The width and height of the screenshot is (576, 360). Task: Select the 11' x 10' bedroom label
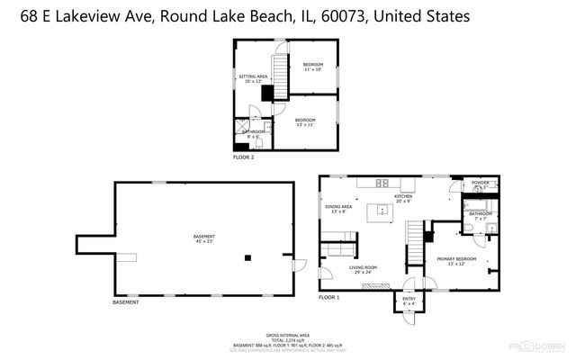[312, 67]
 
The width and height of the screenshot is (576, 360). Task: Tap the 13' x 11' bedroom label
[305, 122]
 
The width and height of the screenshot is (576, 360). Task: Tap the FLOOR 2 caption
[244, 157]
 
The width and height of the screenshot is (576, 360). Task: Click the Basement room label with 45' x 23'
[204, 238]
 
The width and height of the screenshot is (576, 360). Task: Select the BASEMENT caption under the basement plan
[127, 301]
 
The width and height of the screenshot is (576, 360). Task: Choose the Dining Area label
[338, 209]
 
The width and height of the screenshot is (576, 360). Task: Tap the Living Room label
[362, 269]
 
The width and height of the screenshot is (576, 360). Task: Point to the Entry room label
[409, 302]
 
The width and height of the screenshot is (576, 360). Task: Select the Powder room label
[480, 184]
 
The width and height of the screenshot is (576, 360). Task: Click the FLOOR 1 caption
[329, 296]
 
